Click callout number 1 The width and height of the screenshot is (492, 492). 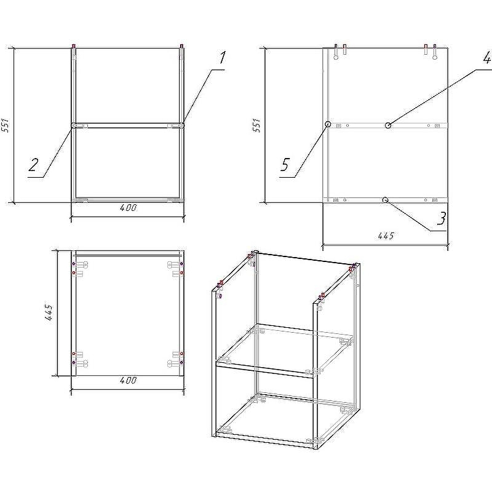(x=221, y=58)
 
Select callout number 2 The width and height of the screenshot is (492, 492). (x=34, y=165)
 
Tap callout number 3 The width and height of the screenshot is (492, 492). (x=440, y=218)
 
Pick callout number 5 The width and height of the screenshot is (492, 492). (x=285, y=165)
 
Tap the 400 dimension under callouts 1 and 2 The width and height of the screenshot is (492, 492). (x=127, y=208)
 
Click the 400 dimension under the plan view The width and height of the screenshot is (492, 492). (x=127, y=381)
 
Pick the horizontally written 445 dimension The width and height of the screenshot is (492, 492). (x=384, y=236)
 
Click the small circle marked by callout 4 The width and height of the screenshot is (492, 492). (x=388, y=125)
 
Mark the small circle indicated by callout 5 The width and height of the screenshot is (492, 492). (x=328, y=124)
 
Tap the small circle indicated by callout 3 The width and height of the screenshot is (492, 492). (x=385, y=200)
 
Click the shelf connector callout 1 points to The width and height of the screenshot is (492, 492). (x=178, y=125)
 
